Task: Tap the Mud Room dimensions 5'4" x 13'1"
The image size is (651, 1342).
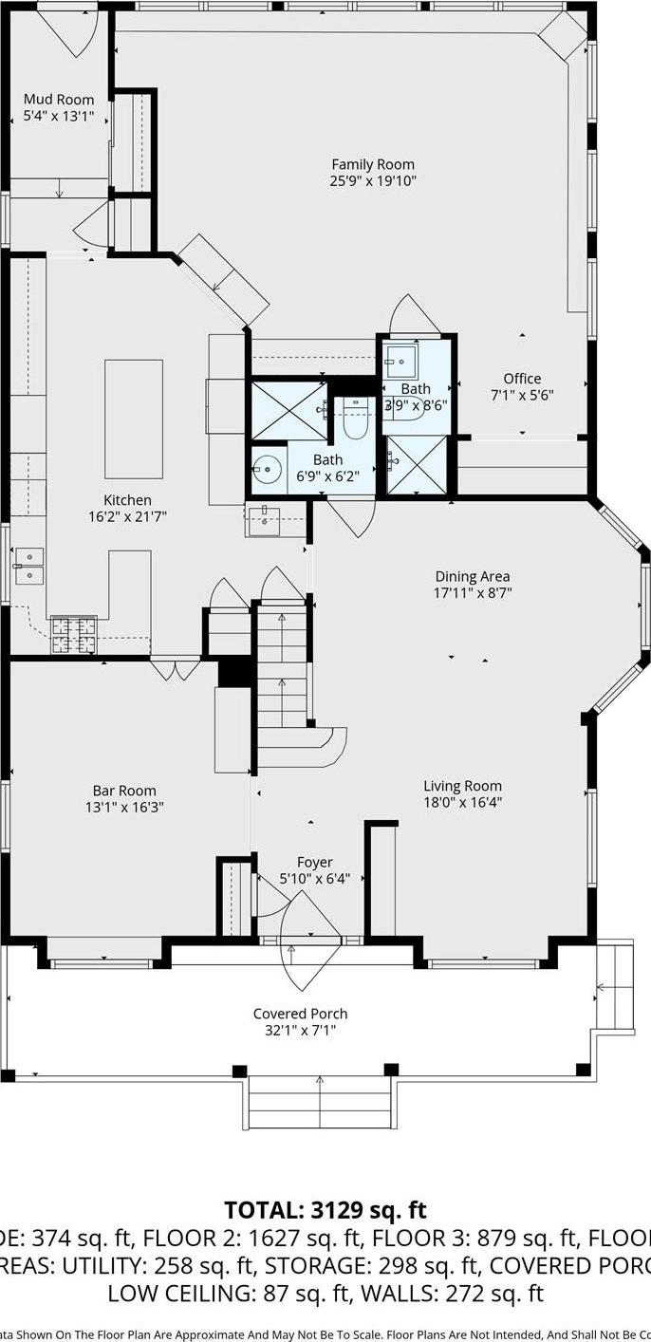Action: click(x=59, y=117)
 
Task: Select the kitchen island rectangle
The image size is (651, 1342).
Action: click(x=134, y=419)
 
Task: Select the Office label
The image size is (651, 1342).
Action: click(x=522, y=379)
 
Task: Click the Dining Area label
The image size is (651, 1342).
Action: click(x=472, y=576)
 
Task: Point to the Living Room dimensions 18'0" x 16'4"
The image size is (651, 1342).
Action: click(x=462, y=802)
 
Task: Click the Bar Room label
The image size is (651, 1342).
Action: click(x=124, y=791)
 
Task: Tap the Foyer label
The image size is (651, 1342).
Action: click(x=314, y=862)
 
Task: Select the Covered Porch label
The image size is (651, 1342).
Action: click(x=300, y=1014)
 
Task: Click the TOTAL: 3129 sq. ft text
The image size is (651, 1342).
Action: click(x=325, y=1210)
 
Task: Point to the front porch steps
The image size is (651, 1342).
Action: click(x=320, y=1101)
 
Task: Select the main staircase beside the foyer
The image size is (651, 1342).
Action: click(x=282, y=669)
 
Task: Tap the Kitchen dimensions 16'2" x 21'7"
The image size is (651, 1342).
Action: click(x=127, y=518)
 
